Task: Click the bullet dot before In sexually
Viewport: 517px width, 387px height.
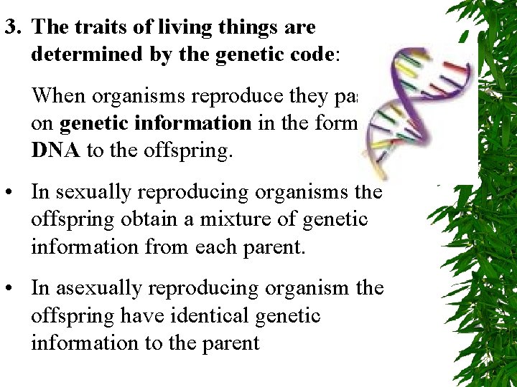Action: click(x=11, y=193)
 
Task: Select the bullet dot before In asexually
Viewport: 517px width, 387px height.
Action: click(x=11, y=289)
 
